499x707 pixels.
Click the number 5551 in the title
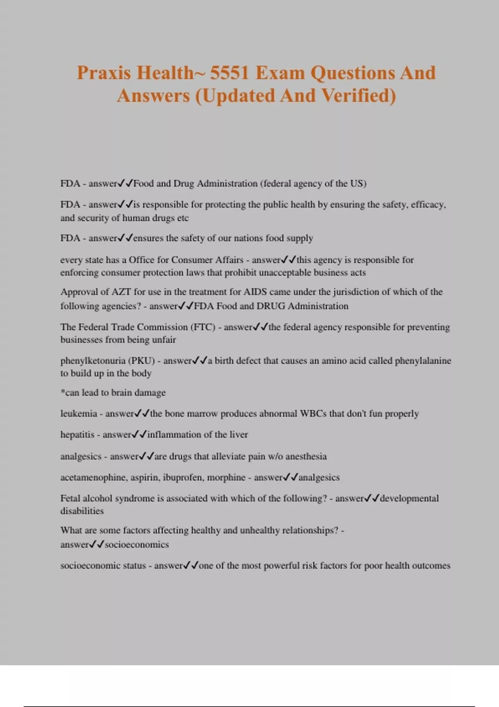point(229,73)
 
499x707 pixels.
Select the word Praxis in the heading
point(104,73)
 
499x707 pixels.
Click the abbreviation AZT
point(121,292)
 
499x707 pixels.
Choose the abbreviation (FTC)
point(203,327)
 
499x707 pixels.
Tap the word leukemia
point(79,414)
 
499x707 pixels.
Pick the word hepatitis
point(77,435)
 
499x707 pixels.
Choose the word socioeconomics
point(137,545)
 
